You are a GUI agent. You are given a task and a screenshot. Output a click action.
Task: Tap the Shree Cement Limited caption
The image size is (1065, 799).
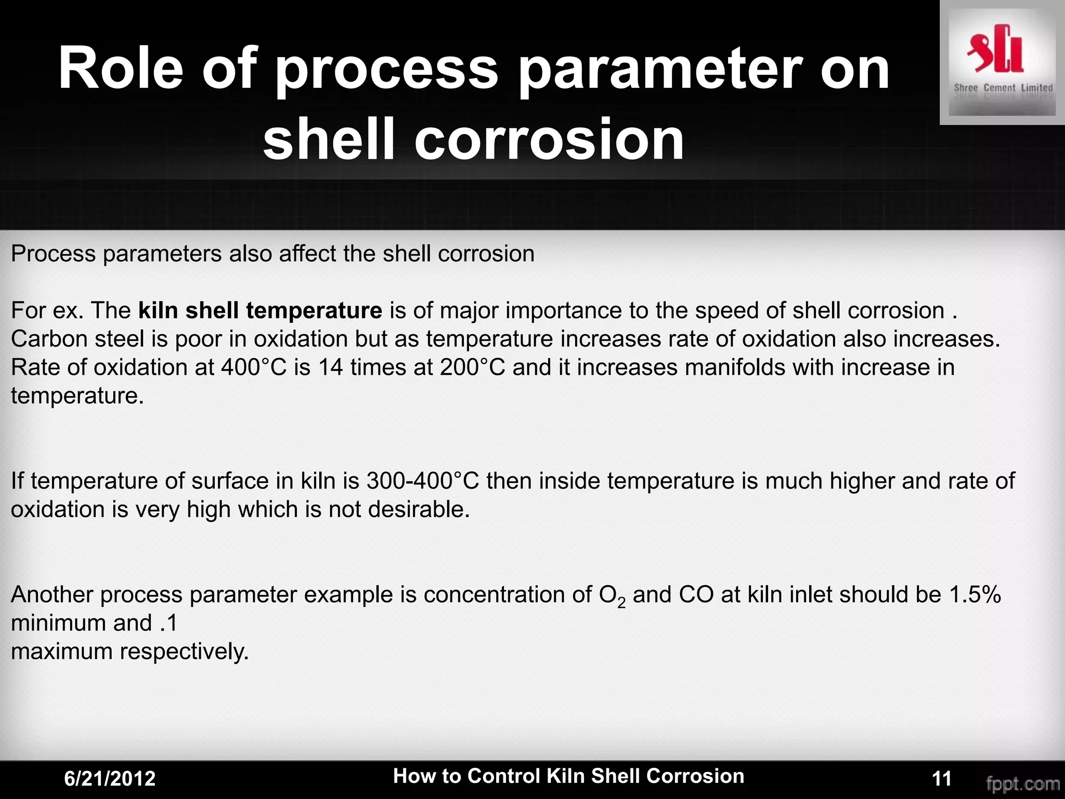pyautogui.click(x=1003, y=88)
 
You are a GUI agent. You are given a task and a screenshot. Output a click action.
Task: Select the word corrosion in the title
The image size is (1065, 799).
pyautogui.click(x=549, y=138)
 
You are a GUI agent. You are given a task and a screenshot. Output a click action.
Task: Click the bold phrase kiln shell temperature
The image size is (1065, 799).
pyautogui.click(x=260, y=311)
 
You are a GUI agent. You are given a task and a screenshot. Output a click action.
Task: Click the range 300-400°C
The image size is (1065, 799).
pyautogui.click(x=422, y=481)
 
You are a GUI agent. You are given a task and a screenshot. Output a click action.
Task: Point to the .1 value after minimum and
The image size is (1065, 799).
pyautogui.click(x=168, y=623)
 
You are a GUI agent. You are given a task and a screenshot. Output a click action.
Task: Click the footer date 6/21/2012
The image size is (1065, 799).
pyautogui.click(x=110, y=779)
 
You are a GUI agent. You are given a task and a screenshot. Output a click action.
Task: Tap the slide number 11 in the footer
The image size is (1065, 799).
pyautogui.click(x=942, y=779)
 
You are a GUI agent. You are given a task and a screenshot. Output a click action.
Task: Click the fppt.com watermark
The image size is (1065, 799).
pyautogui.click(x=1023, y=783)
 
